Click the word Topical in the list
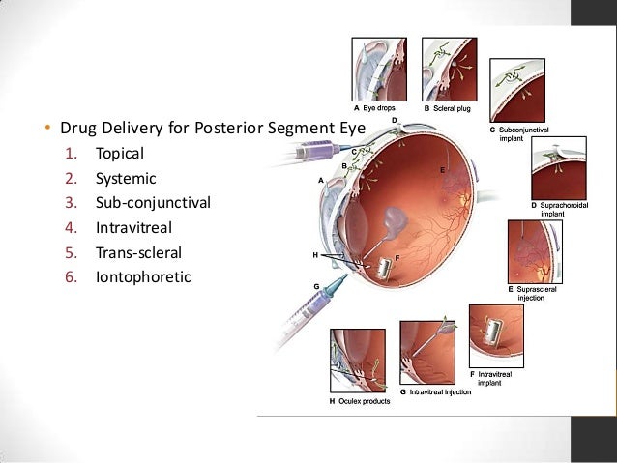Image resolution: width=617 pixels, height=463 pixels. tap(119, 154)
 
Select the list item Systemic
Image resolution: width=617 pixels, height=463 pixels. tap(125, 179)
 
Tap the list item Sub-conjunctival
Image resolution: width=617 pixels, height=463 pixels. tap(151, 204)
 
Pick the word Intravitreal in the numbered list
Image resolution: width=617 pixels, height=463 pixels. tap(134, 229)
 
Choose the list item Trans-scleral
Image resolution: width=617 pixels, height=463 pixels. tap(138, 254)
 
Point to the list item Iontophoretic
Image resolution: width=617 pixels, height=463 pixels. tap(143, 278)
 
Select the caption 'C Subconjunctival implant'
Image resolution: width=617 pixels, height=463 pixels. tap(523, 133)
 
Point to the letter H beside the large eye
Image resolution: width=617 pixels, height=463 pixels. tap(315, 255)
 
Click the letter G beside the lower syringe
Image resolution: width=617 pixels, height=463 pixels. tap(316, 286)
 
